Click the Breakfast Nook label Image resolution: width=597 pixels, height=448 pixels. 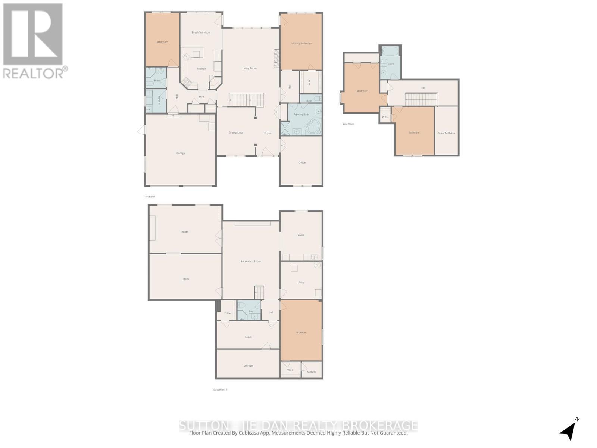(201, 32)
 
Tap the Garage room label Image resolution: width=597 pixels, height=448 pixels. (181, 153)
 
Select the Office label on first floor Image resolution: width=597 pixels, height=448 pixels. (302, 162)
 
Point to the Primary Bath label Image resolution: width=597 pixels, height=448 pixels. (301, 115)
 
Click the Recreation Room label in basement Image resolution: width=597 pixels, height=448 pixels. (250, 261)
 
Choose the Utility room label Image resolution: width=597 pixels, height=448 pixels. (301, 282)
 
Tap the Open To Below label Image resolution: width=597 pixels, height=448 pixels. (446, 133)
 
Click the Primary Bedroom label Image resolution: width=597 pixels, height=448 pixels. (301, 44)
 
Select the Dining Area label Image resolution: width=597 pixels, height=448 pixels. (235, 133)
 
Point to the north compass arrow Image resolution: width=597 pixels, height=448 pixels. (568, 431)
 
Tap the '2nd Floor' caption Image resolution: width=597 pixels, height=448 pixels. (348, 124)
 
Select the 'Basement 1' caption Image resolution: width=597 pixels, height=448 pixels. (220, 389)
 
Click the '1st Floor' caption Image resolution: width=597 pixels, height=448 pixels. (150, 196)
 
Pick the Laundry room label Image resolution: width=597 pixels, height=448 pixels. (159, 100)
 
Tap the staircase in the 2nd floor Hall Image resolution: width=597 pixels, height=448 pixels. (421, 100)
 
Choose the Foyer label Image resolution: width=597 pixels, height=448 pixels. (268, 133)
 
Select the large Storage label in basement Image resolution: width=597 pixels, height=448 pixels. (248, 366)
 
